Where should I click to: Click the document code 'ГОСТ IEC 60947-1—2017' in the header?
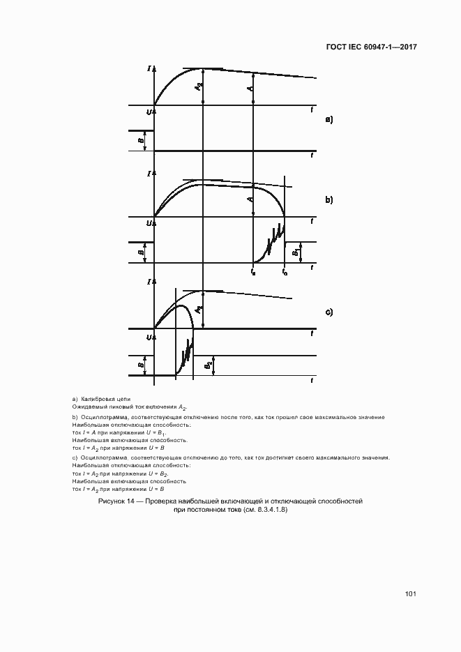point(371,48)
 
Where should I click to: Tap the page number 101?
point(410,594)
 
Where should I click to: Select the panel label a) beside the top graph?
point(329,120)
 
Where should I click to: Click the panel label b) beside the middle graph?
point(329,199)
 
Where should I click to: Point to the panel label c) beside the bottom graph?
point(329,312)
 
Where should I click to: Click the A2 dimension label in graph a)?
point(199,86)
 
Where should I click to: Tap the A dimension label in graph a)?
point(250,89)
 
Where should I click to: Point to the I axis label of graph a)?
point(150,68)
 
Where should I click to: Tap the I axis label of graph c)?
point(150,282)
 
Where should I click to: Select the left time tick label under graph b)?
point(252,273)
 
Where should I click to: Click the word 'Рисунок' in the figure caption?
point(112,501)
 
